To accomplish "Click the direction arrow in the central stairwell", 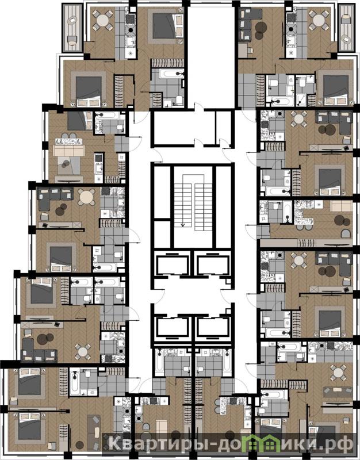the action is [183, 225].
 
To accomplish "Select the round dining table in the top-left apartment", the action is [103, 21].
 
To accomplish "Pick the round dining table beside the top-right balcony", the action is [319, 20].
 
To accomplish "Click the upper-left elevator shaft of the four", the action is [172, 265].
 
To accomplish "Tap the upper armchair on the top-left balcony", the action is [72, 21].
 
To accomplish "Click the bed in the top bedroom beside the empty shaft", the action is [167, 25].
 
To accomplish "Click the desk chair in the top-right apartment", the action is [250, 51].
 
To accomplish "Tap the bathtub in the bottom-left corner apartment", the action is [75, 381].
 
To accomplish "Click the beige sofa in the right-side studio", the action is [341, 206].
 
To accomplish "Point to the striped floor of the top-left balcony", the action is [72, 28].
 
